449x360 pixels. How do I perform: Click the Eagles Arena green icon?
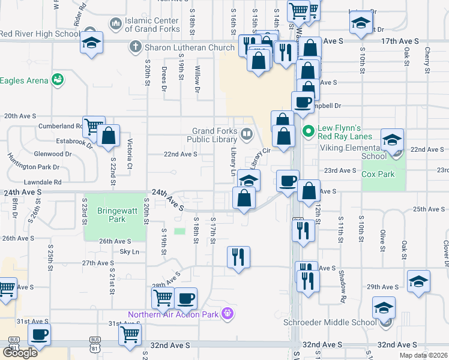coord(58,79)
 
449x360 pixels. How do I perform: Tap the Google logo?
coord(20,352)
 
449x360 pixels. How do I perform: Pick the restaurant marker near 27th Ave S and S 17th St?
coord(238,257)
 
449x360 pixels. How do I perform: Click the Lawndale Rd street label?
coord(42,182)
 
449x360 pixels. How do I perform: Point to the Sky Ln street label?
coord(129,252)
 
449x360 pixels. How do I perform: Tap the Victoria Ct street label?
coord(129,153)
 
